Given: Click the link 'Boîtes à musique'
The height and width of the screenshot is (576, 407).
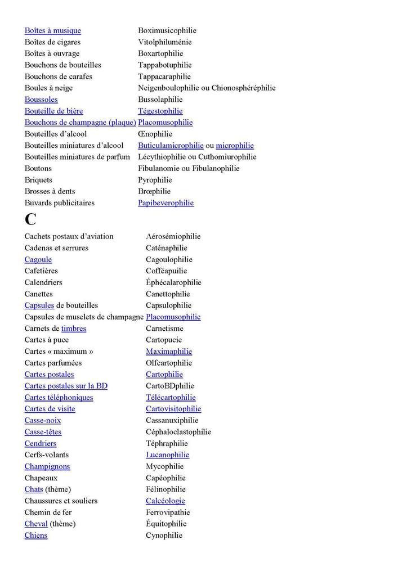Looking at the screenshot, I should [52, 30].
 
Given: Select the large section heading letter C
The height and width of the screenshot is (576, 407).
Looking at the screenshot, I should [30, 219].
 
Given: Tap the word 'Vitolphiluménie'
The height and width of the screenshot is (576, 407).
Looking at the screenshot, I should [164, 42].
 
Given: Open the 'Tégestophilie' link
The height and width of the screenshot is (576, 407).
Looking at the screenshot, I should [160, 111].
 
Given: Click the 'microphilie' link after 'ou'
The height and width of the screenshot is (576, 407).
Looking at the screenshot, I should [235, 145].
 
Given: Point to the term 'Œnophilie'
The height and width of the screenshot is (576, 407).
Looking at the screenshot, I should [155, 134].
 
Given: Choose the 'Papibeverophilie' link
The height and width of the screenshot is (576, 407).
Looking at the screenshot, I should [166, 202].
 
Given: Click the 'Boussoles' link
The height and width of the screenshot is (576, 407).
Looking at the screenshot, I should [41, 100].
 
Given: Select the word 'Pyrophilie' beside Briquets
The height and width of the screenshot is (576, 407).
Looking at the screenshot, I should [155, 180].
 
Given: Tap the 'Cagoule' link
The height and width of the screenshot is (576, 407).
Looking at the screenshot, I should [38, 259].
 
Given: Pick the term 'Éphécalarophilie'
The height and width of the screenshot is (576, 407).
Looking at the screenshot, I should [173, 282].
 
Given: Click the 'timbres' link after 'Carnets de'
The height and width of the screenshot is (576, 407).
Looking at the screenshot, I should [74, 328].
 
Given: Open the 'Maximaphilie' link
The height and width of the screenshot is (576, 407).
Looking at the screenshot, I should [169, 352].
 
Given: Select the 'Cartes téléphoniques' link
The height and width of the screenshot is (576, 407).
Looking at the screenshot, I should [59, 397].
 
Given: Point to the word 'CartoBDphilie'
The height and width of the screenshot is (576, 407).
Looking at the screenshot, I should [169, 386].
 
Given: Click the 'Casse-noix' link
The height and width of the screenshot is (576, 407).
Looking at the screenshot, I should [43, 420].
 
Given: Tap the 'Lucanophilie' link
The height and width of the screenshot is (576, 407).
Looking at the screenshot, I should [167, 454].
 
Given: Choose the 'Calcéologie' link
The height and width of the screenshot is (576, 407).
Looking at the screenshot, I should [165, 501].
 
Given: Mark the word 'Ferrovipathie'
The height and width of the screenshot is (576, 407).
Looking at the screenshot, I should [168, 512].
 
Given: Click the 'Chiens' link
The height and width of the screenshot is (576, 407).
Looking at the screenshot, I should [35, 535].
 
